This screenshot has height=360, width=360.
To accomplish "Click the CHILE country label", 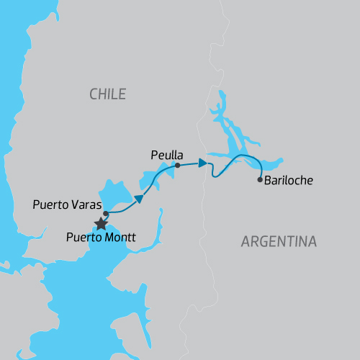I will click(x=107, y=94).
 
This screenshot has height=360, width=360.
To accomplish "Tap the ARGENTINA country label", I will click(x=279, y=242).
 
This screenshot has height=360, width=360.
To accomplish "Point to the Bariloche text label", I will click(x=288, y=181).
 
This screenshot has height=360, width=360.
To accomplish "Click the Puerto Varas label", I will click(x=67, y=204).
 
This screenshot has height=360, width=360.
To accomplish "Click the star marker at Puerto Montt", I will click(x=102, y=223).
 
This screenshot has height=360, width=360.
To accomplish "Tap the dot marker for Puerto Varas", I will click(x=106, y=213).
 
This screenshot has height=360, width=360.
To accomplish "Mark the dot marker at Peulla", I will click(x=177, y=166).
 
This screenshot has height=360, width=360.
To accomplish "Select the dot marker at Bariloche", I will click(x=260, y=180).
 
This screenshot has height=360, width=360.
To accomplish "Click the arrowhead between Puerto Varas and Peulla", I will click(x=138, y=199).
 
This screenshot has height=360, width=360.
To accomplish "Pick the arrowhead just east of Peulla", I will click(x=204, y=163).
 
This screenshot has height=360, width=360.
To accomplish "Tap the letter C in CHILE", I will click(x=94, y=94).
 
